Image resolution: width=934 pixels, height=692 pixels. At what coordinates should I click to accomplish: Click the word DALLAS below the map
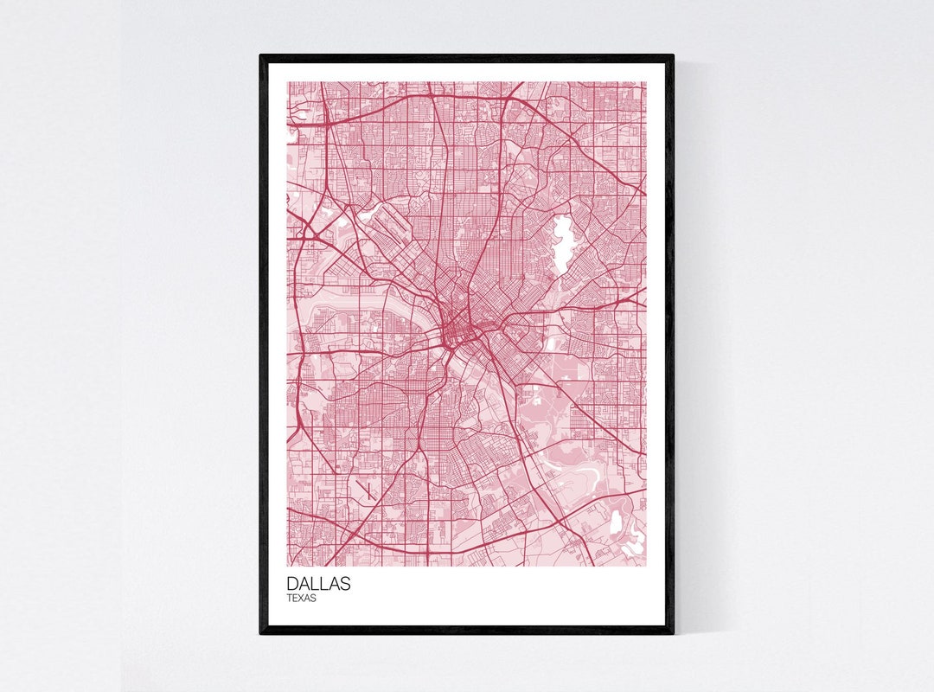(x=319, y=584)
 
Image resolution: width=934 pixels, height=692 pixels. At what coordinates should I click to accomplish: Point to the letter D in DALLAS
(x=293, y=584)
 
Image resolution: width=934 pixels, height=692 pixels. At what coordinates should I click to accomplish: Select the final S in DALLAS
(x=345, y=584)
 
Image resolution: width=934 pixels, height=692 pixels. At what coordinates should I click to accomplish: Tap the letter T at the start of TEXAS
(x=291, y=598)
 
